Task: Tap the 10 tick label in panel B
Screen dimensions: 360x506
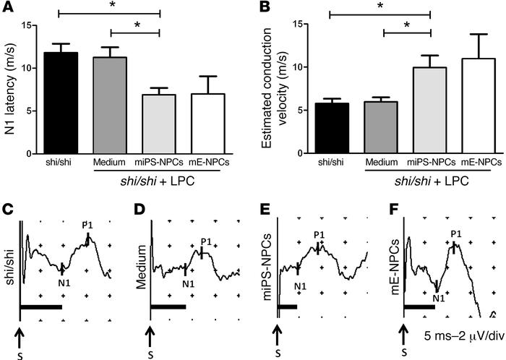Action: (x=297, y=67)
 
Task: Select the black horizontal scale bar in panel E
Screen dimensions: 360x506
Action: (x=287, y=307)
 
